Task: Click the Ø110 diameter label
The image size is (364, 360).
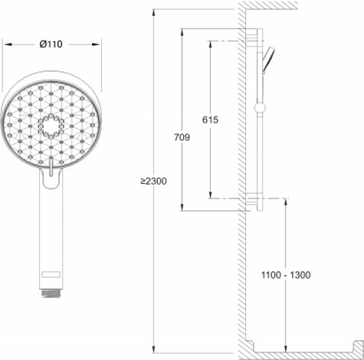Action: click(51, 44)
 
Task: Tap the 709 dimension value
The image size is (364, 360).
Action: click(182, 136)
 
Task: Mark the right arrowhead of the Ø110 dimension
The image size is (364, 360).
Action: click(100, 44)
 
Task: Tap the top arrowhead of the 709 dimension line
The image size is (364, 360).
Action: click(182, 31)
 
